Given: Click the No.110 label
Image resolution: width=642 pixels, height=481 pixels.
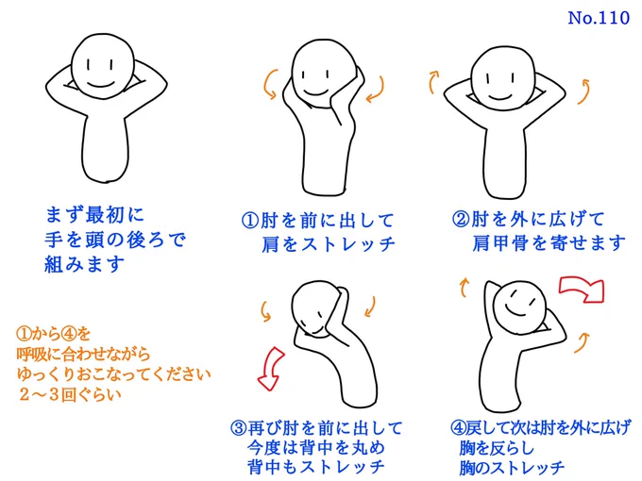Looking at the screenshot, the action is pos(599,18).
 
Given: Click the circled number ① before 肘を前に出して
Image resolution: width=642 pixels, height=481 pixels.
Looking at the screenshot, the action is pos(250,221).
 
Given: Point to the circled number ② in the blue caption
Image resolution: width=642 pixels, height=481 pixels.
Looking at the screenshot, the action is pos(461,219).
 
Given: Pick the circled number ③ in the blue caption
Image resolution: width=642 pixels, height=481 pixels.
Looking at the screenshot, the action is pos(238,428).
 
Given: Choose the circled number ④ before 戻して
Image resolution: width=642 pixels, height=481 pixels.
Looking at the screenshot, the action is pos(458,428).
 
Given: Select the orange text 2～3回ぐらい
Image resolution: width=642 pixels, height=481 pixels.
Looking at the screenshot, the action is pos(70,394).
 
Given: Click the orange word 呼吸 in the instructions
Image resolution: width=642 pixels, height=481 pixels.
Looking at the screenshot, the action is pos(32,355).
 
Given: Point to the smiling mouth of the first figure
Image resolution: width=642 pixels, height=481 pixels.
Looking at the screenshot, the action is pos(101,85).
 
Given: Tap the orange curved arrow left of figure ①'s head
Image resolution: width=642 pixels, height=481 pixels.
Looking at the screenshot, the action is pos(268,85).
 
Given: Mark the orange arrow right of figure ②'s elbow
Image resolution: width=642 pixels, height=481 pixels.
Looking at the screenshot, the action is pos(584,91).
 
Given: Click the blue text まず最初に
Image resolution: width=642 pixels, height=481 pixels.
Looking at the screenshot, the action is pos(95,215).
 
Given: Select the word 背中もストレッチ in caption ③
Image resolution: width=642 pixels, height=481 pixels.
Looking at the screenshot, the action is pos(315,467).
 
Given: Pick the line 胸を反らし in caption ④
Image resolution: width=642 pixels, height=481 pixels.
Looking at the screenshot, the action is pos(497,448).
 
